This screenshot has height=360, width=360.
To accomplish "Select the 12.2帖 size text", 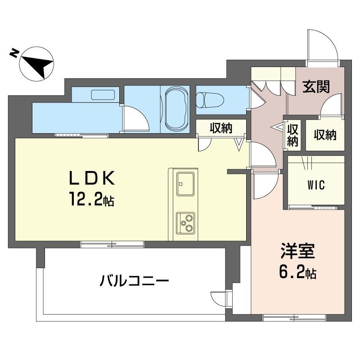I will (93, 199).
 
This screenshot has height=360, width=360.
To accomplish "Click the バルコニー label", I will (134, 282).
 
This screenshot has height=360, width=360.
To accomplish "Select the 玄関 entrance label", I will (315, 86).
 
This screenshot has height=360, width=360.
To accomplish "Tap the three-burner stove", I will (186, 222).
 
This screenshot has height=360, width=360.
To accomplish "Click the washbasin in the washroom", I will (104, 95).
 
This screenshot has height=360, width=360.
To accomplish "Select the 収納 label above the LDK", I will (220, 128).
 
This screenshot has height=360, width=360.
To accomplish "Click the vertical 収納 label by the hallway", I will (293, 135).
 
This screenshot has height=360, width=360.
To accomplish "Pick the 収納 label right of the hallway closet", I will (325, 134).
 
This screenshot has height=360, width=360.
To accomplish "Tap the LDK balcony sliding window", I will (112, 244).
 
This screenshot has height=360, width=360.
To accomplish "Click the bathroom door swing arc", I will (135, 118).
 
